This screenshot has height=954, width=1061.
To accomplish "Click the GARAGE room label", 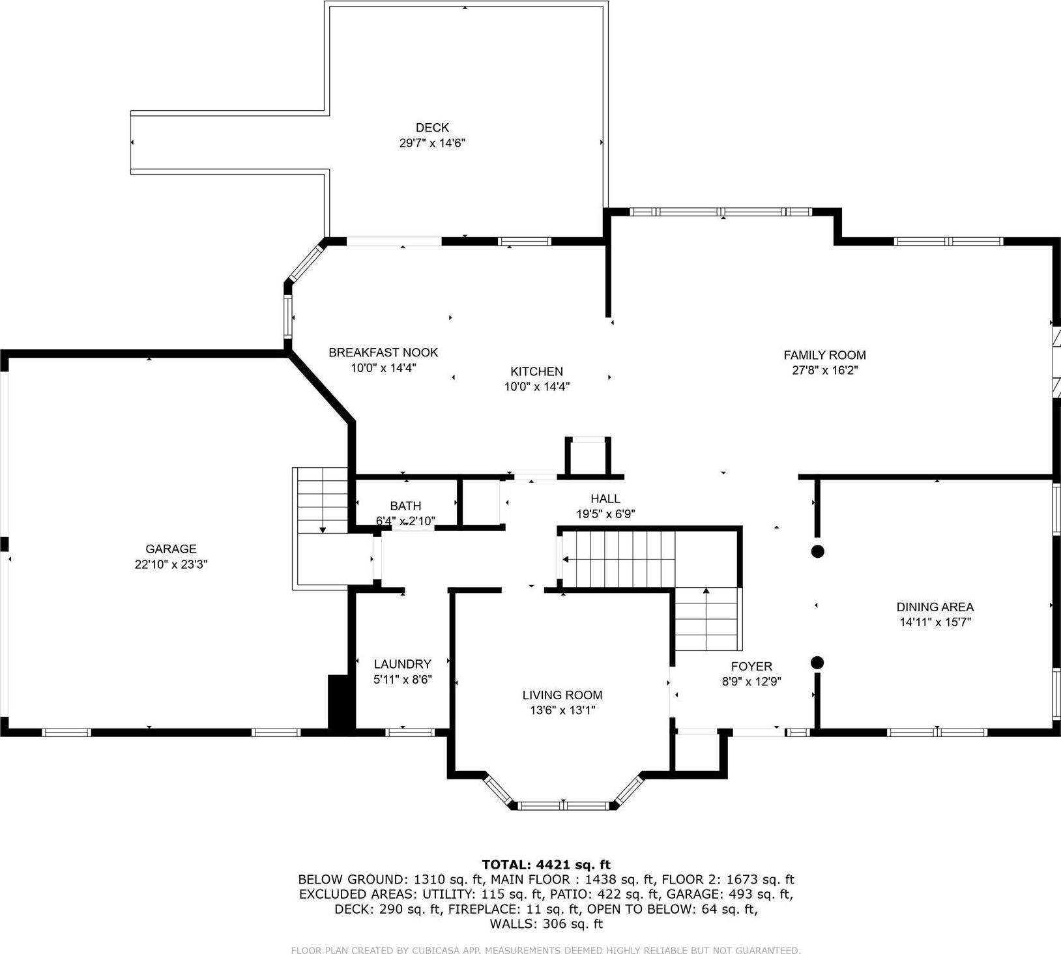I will pos(171,549).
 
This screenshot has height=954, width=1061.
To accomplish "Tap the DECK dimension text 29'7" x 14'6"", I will pos(432,143).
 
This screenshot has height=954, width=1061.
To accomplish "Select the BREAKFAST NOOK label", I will pos(383,353).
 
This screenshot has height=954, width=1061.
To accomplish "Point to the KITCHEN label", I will pos(536,371).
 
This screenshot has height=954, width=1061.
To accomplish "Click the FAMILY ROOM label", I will pos(824,355).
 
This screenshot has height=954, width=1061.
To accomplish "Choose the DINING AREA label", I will pos(935,607).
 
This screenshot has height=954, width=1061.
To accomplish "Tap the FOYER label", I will pos(751,667).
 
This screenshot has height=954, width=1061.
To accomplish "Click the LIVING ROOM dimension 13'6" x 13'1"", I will pos(562,710).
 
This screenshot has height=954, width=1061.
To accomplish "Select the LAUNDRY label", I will pos(402,664).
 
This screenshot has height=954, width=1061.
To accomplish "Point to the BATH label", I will pos(405,506).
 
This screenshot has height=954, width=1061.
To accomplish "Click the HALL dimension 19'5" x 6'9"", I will pos(605,514).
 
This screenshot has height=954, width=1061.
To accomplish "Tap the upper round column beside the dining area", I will pos(817,551).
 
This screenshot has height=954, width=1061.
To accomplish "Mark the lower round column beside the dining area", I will pos(817,663).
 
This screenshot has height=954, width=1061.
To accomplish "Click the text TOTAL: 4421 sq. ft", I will pos(546,865).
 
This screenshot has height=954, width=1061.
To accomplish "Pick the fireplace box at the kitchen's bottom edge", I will pos(588,456).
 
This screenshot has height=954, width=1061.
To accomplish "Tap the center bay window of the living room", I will pos(564,805).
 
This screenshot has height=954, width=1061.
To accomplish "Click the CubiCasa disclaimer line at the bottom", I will pos(545,950).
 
